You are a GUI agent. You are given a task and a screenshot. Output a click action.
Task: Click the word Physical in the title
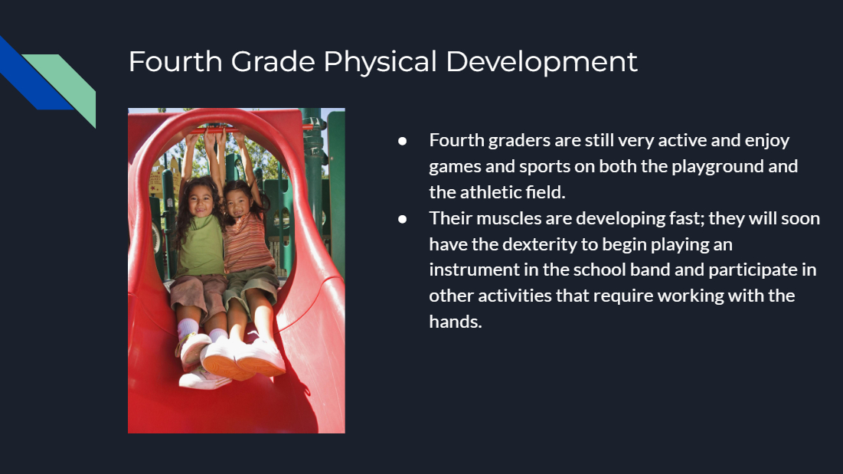(380, 62)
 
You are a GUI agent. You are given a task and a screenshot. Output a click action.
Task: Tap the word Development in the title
(541, 62)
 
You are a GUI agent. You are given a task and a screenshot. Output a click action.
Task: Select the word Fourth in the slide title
(175, 61)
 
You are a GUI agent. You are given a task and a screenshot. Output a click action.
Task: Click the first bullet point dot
(402, 142)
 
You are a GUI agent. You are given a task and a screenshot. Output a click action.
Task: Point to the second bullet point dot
(402, 219)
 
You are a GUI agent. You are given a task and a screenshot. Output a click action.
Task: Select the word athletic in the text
(490, 192)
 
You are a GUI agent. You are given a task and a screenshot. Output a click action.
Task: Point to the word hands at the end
(456, 322)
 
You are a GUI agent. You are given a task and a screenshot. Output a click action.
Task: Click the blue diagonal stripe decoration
(32, 75)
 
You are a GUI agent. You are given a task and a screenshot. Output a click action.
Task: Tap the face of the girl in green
(201, 201)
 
